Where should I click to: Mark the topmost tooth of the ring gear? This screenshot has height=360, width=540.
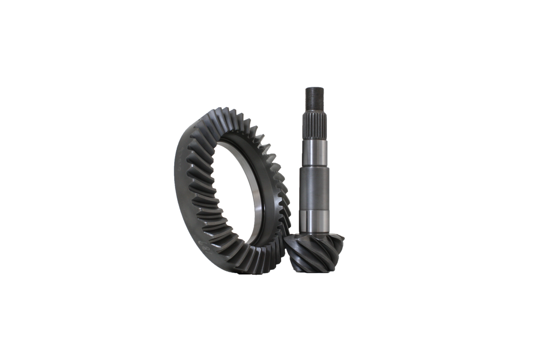(x=226, y=111)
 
